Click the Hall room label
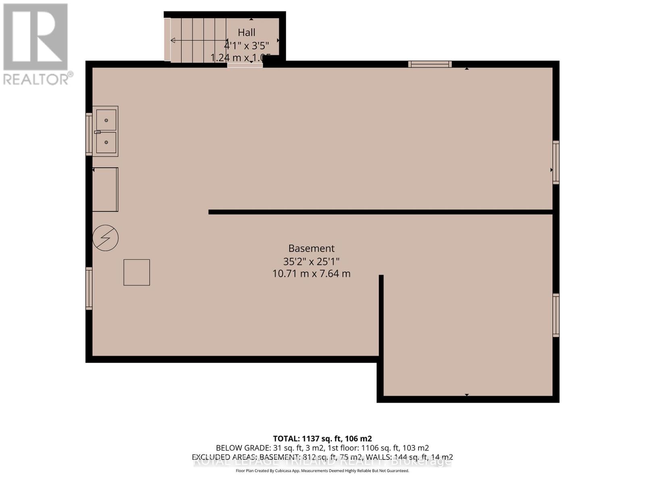click(x=246, y=32)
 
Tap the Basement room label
click(x=311, y=248)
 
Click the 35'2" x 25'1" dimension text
click(x=311, y=261)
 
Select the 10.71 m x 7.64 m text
click(x=311, y=273)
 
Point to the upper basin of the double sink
click(x=106, y=120)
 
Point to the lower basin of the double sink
click(x=106, y=142)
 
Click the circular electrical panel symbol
click(x=105, y=238)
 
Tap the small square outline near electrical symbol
click(x=137, y=273)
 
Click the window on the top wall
click(x=430, y=64)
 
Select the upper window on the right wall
click(x=556, y=162)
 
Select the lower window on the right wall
click(x=556, y=315)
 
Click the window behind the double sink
click(x=89, y=134)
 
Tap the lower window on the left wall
click(x=89, y=288)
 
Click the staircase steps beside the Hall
click(x=198, y=40)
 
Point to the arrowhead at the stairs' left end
click(x=173, y=40)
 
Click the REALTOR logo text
click(x=38, y=78)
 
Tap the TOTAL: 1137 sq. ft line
click(x=322, y=438)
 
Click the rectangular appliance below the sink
click(x=105, y=190)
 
